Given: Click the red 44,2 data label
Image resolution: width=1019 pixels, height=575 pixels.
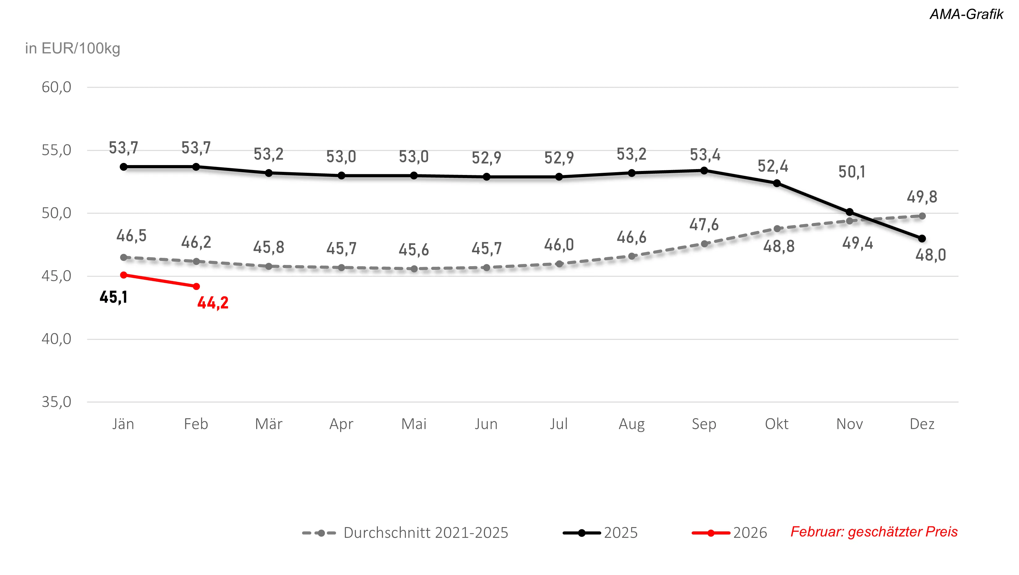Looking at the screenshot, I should (213, 303).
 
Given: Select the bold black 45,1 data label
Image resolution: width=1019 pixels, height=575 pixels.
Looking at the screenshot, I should (114, 297).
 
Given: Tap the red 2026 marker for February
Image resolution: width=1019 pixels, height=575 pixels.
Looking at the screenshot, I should (196, 286).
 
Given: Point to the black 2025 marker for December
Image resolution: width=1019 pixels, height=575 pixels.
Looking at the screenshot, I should (922, 238).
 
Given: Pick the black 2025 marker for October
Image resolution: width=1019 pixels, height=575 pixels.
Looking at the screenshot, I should (776, 183).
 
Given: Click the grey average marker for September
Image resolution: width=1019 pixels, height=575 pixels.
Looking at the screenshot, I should (704, 244).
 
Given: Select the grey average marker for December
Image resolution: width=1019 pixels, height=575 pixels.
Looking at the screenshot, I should (922, 216).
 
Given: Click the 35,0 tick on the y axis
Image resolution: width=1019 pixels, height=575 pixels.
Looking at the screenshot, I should (57, 402).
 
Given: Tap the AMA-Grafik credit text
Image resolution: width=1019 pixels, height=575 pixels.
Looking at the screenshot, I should (966, 14).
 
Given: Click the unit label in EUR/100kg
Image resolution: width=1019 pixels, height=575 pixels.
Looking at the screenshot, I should (72, 48).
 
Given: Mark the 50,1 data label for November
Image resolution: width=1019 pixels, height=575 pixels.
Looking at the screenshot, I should (852, 172).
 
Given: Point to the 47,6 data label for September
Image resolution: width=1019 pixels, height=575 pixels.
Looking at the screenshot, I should (704, 225).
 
